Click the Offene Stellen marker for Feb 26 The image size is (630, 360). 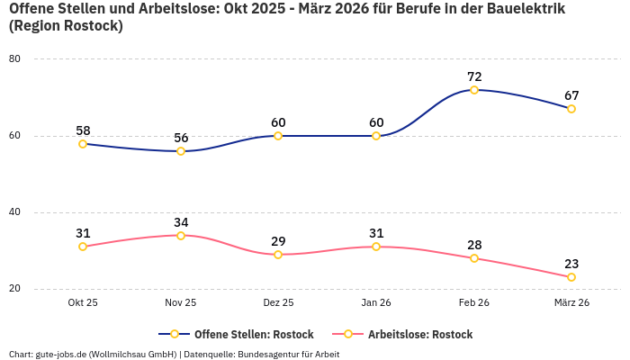(474, 90)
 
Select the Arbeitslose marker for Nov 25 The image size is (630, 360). (181, 236)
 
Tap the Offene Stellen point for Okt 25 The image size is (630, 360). (83, 144)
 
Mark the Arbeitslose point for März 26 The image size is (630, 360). (571, 277)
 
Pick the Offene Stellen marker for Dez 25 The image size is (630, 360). (278, 136)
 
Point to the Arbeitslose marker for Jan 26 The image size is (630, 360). (376, 247)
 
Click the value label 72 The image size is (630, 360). (474, 76)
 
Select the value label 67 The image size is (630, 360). (571, 95)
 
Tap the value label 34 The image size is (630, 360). (181, 222)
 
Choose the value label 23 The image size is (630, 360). (571, 264)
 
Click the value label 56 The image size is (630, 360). (181, 138)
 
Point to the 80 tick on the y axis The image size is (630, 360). (14, 59)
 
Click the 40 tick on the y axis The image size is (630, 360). (14, 212)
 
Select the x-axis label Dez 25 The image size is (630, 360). (278, 303)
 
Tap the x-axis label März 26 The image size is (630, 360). (571, 303)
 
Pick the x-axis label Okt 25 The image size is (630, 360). (83, 303)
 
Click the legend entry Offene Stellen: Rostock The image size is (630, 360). (239, 334)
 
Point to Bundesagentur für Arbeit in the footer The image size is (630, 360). (288, 354)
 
